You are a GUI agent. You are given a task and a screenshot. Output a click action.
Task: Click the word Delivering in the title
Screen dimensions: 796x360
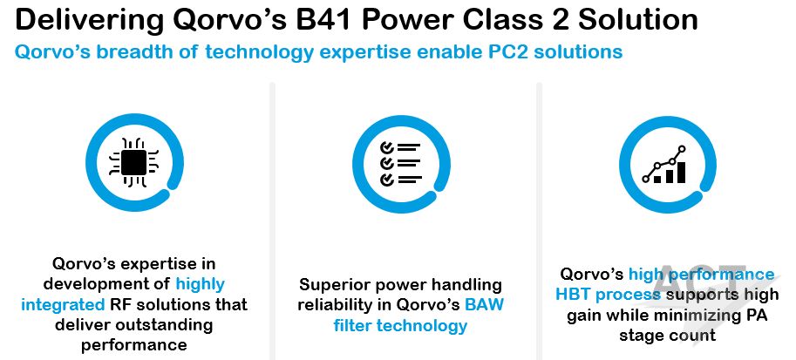coord(89,21)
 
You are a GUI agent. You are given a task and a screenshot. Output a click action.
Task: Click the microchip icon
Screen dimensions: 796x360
coord(134,162)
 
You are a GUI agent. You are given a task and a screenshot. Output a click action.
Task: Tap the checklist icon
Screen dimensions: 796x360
coord(401,163)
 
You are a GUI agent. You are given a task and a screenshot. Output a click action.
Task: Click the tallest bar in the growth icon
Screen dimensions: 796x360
coord(680,172)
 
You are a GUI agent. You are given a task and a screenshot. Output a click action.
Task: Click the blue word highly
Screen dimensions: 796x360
coord(200,284)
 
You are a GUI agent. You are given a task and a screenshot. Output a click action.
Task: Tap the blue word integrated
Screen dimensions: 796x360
coord(63,304)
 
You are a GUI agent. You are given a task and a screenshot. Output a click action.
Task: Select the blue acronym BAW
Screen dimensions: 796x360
coord(484,305)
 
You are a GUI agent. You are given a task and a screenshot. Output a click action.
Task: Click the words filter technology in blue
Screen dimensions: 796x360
coord(400,325)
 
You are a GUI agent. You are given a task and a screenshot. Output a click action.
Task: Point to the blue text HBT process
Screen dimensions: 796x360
coord(608,295)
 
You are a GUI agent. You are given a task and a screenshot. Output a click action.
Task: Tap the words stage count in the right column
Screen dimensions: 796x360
coord(667,335)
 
